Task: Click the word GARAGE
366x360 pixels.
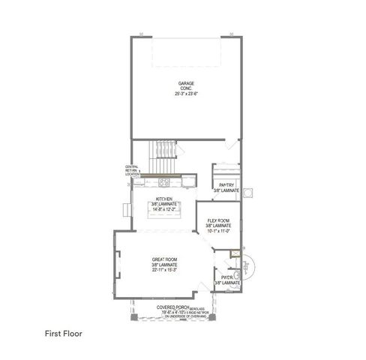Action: pyautogui.click(x=186, y=82)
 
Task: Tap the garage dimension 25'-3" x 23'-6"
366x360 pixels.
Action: pyautogui.click(x=186, y=94)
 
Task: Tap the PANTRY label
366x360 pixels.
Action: pyautogui.click(x=226, y=184)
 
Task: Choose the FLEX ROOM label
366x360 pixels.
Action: pyautogui.click(x=218, y=220)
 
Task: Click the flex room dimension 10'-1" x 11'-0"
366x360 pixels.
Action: pyautogui.click(x=218, y=232)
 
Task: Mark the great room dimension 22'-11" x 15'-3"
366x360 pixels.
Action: pyautogui.click(x=164, y=271)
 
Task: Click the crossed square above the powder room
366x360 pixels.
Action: pyautogui.click(x=235, y=253)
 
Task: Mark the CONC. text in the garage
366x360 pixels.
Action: pyautogui.click(x=186, y=88)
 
